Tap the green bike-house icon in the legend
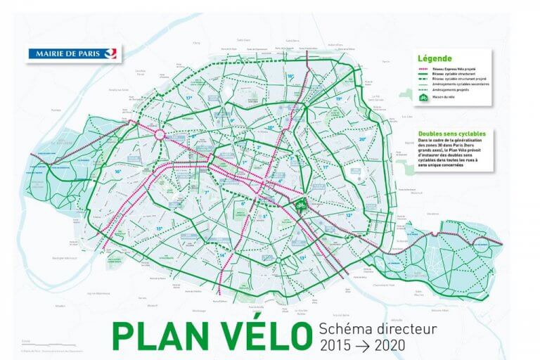click(x=423, y=98)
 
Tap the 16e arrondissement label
click(x=119, y=171)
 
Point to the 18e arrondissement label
click(x=290, y=76)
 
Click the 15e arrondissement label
click(x=159, y=228)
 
